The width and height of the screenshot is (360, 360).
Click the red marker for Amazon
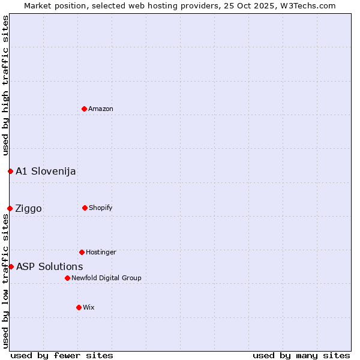point(84,109)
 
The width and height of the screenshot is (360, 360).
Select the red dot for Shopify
point(85,208)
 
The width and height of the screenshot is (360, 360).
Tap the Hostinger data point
point(82,252)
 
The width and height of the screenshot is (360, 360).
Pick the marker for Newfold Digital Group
point(67,278)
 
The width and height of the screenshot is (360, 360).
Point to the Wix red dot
point(79,307)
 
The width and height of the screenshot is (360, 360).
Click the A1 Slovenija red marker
point(10,171)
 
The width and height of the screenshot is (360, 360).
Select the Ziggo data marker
point(10,208)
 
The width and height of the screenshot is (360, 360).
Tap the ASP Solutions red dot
point(11,266)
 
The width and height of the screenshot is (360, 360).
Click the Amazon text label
point(101,109)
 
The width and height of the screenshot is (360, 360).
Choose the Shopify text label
point(101,208)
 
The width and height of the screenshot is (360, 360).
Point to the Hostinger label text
point(101,252)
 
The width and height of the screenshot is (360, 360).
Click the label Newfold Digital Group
point(106,278)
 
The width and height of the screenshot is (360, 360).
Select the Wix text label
point(89,307)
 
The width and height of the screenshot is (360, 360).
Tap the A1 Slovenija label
point(46,171)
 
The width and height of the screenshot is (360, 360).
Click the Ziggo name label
point(29,208)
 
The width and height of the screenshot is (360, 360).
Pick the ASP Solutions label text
point(50,266)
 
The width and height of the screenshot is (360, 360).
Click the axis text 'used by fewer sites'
point(62,355)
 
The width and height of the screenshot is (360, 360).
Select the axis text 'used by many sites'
point(301,355)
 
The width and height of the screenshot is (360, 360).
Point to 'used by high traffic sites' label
point(5,85)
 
